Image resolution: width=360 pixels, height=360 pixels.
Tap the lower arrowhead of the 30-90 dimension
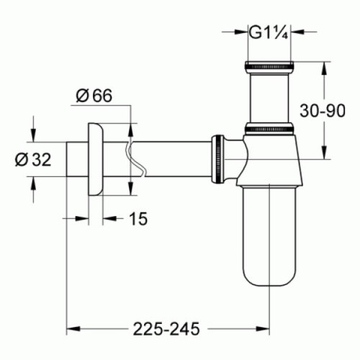[323, 153]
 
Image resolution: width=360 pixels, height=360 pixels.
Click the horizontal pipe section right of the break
[173, 158]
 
